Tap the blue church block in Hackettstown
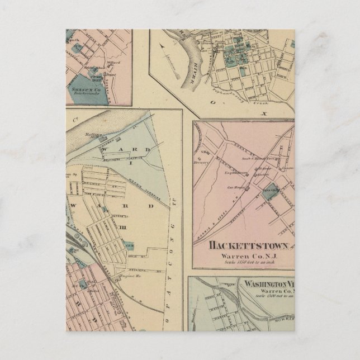coord(269,189)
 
